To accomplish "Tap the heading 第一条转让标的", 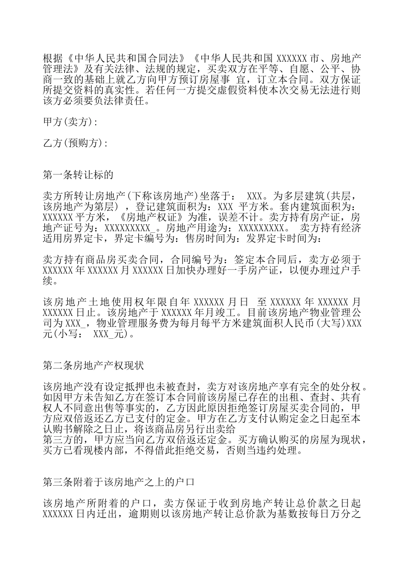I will [78, 174].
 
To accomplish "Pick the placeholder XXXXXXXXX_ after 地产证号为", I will [130, 228].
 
